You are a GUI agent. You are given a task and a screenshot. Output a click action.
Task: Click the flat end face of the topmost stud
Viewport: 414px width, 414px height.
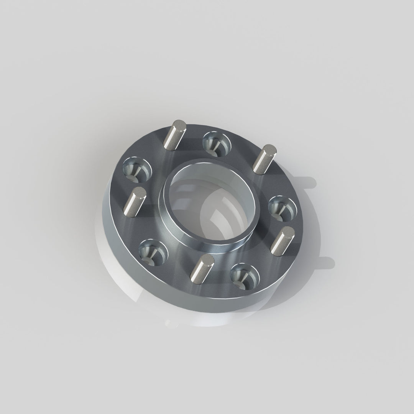pos(179,125)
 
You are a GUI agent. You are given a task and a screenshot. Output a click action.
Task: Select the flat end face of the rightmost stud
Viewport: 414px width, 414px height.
pos(288,231)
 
